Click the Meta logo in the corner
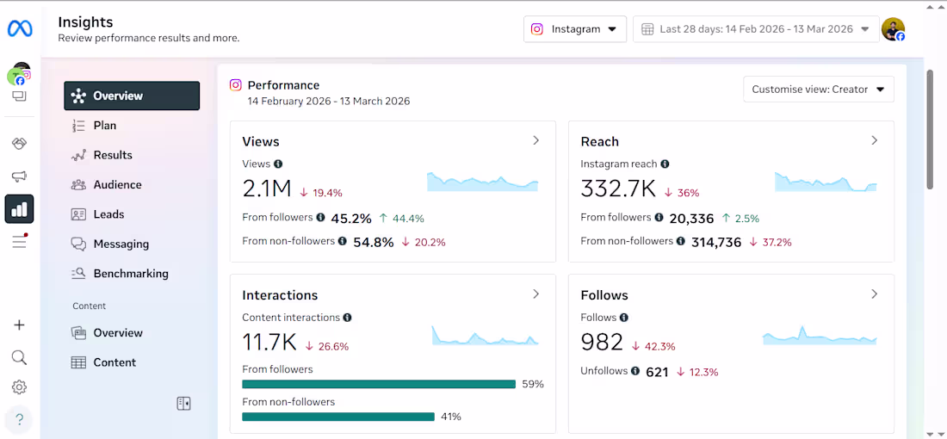[20, 28]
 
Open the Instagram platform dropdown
[575, 28]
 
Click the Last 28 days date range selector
[756, 28]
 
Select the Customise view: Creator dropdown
[818, 90]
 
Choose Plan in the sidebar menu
[105, 126]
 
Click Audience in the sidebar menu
[117, 185]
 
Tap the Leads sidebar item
[108, 214]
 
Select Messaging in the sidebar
[121, 244]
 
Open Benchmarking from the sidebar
[131, 274]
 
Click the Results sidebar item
[113, 156]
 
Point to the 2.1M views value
[267, 189]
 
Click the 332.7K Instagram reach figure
[618, 189]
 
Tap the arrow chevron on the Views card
[535, 140]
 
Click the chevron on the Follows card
[874, 294]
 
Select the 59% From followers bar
[379, 385]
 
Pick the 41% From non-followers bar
[338, 417]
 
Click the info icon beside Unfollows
[635, 371]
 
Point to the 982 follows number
[602, 343]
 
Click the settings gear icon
[19, 387]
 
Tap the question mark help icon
[19, 420]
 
